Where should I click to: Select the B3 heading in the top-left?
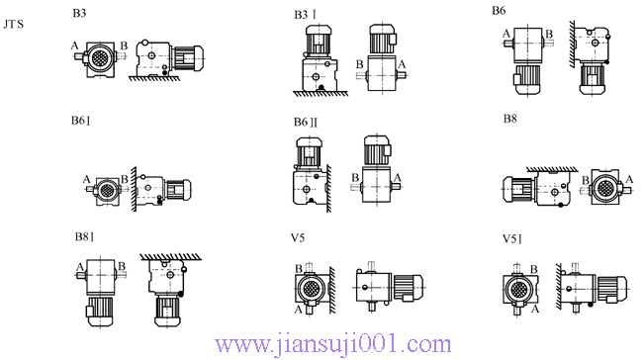point(81,14)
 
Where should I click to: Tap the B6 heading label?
point(500,11)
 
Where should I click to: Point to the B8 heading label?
point(510,119)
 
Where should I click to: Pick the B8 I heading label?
point(83,237)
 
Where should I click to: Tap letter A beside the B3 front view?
point(75,45)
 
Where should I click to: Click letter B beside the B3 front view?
point(123,45)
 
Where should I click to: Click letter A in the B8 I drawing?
point(77,266)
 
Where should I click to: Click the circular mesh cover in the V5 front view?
point(311,290)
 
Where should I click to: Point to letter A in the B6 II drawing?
point(398,178)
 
